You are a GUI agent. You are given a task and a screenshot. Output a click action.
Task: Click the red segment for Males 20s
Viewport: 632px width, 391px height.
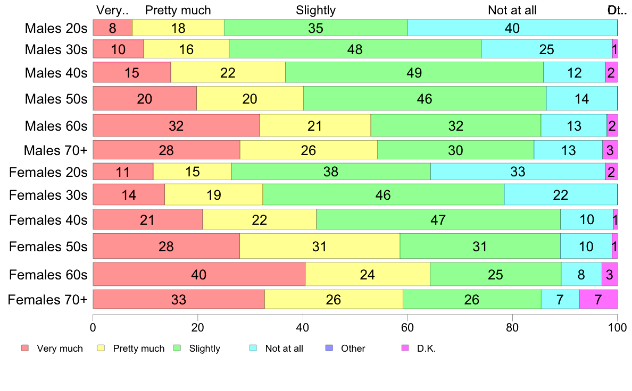coord(112,28)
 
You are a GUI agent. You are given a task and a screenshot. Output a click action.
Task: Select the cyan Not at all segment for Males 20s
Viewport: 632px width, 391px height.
coord(512,28)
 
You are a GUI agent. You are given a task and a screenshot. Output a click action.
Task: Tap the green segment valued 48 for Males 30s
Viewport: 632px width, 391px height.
coord(355,49)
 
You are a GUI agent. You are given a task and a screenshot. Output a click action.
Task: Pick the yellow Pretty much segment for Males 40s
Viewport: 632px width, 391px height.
coord(228,72)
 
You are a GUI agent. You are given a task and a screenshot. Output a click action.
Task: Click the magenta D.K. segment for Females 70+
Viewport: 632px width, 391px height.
coord(598,300)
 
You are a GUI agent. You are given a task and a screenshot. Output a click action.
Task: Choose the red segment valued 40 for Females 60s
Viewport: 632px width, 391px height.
coord(199,274)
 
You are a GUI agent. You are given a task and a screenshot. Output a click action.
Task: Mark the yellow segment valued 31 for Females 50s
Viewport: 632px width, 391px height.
coord(319,246)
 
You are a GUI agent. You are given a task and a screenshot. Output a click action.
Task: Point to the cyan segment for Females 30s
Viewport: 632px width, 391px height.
coord(560,195)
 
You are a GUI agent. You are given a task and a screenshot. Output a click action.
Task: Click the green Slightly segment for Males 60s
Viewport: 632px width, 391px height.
coord(455,126)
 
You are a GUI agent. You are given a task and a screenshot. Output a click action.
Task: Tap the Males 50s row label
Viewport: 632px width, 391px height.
coord(56,99)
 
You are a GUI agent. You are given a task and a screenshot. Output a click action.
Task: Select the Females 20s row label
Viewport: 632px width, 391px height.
coord(48,172)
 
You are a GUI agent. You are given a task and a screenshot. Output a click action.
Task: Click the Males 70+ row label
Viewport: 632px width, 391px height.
coord(55,150)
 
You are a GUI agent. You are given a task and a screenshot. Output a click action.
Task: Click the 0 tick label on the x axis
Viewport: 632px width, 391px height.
coord(93,327)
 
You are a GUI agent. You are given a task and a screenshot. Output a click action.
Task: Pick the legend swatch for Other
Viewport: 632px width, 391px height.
coord(328,348)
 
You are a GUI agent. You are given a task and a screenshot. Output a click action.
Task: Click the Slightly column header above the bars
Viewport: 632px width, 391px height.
coord(315,10)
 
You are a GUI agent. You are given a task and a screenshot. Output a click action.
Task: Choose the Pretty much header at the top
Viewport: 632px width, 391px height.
coord(178,10)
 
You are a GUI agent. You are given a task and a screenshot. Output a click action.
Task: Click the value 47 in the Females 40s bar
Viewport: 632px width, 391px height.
coord(438,219)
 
